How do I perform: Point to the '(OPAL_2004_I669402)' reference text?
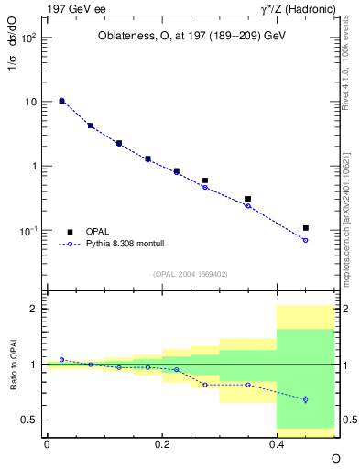coord(190,273)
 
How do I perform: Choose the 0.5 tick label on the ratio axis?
coord(28,420)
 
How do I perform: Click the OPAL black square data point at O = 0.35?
coord(248,199)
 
